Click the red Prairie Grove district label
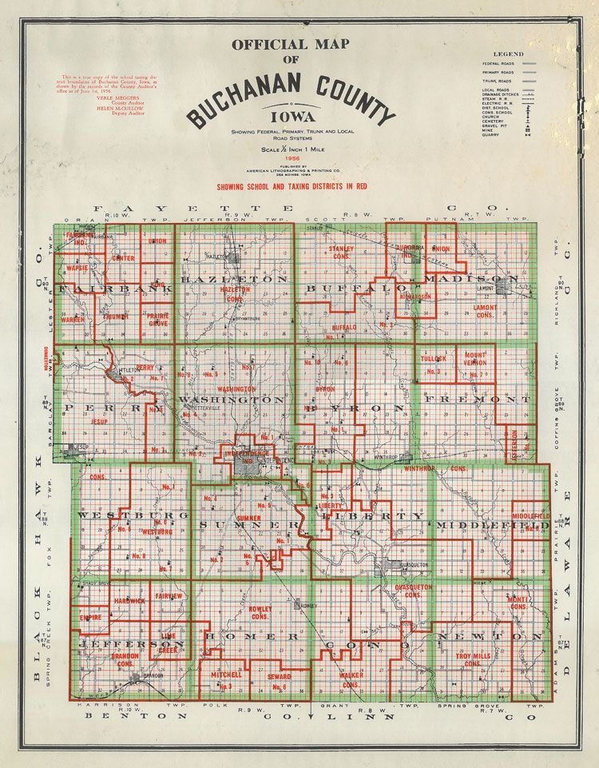click(x=157, y=319)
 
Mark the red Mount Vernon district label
click(x=476, y=359)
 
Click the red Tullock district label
click(x=434, y=359)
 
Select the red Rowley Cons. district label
click(x=262, y=613)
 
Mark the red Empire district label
click(x=90, y=616)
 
